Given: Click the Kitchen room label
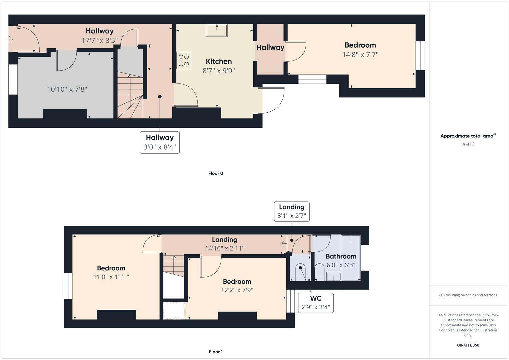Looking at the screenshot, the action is (x=219, y=61).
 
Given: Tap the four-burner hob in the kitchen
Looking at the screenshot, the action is (x=184, y=60).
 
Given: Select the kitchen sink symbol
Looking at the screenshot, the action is (x=217, y=30).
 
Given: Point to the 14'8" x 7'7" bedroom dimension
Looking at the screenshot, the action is (x=360, y=55).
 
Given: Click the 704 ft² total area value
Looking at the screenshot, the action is (x=468, y=144).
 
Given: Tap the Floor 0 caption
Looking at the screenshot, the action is (x=216, y=173).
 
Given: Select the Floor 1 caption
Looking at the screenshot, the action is (x=216, y=352).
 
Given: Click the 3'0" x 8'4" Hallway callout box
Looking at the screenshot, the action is (x=160, y=143).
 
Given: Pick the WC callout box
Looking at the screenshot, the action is (x=316, y=303).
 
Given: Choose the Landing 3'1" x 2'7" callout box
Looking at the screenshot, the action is (x=292, y=211).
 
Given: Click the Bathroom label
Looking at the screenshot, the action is (x=341, y=256).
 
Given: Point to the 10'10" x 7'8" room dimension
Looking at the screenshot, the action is (x=67, y=89).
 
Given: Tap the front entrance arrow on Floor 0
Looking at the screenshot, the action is (x=10, y=39).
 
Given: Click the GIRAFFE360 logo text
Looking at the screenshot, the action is (x=468, y=345).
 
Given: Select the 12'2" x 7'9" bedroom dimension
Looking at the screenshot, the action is (x=237, y=290).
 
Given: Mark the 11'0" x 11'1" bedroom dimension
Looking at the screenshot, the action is (x=111, y=277).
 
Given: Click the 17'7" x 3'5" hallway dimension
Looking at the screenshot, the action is (x=100, y=40).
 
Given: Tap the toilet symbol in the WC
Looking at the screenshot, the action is (x=301, y=272).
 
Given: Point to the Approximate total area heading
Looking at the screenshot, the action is (x=468, y=136).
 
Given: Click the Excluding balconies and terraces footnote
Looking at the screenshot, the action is (x=468, y=295).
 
